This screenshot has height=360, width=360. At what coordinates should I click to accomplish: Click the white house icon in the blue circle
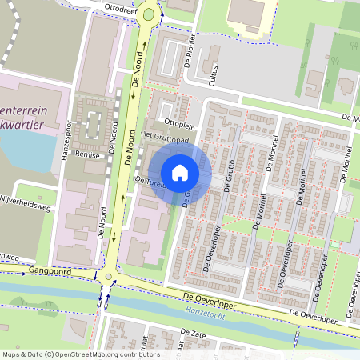click(x=180, y=173)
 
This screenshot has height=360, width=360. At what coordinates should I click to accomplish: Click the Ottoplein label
click(x=179, y=126)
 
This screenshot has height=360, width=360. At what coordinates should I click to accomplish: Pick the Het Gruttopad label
click(x=164, y=138)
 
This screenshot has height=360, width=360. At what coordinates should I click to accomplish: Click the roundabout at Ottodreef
click(x=147, y=14)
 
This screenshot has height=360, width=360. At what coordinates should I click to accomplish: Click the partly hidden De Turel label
click(x=150, y=182)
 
